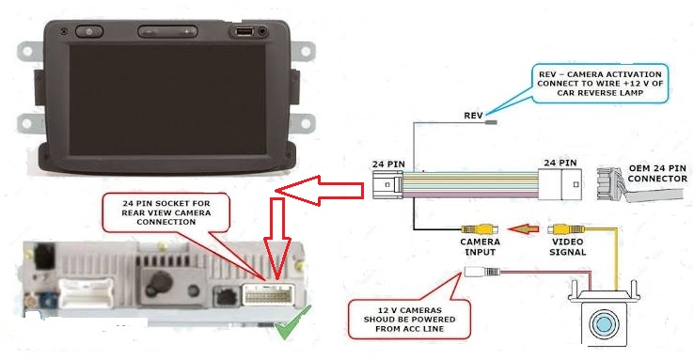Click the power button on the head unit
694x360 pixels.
89,31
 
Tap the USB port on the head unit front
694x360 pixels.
244,31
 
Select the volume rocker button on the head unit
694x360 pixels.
167,31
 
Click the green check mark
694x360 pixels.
292,322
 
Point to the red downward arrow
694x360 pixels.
277,238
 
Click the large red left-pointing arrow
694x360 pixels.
320,191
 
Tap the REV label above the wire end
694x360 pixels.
473,116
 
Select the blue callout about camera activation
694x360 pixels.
600,83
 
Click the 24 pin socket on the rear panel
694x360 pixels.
268,294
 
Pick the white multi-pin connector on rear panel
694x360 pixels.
85,292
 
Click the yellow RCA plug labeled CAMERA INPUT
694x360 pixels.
480,229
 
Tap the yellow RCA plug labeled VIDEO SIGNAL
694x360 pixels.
566,229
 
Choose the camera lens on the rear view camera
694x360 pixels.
604,322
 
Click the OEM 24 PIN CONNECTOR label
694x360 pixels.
657,173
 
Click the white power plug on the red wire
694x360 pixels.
482,272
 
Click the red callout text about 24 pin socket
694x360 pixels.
166,212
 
